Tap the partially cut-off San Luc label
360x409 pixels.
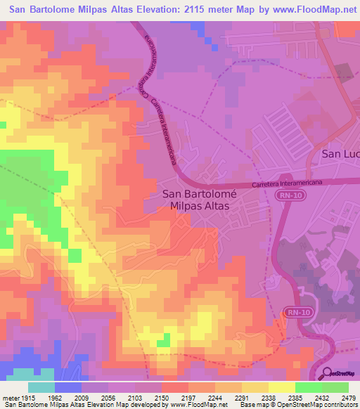pyautogui.click(x=340, y=153)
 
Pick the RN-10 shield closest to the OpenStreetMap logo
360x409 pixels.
pyautogui.click(x=297, y=311)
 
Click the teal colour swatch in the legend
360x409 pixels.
pyautogui.click(x=41, y=387)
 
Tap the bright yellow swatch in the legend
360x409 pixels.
pyautogui.click(x=282, y=387)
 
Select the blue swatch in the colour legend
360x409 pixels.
pyautogui.click(x=68, y=387)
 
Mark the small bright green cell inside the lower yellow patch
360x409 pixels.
pyautogui.click(x=163, y=342)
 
